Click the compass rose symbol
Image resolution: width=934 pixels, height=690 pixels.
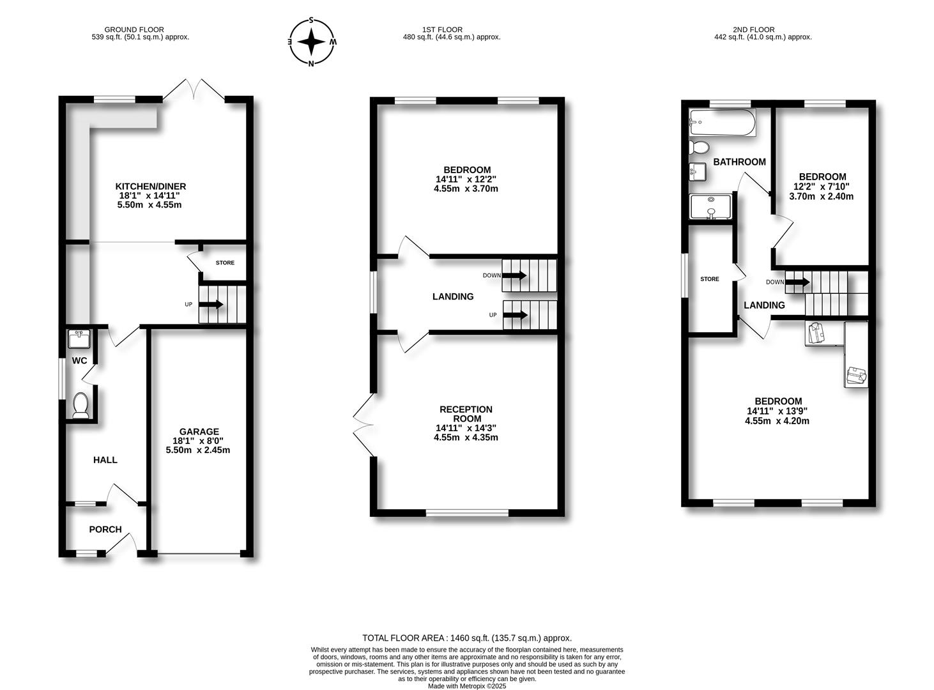pos(311,42)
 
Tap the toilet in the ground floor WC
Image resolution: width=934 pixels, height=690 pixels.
pos(80,405)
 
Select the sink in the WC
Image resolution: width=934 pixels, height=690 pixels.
pos(79,339)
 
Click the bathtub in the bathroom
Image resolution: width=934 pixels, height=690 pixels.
pos(722,122)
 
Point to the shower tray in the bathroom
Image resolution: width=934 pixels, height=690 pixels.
pos(711,206)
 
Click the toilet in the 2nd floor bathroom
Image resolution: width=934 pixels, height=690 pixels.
pos(699,147)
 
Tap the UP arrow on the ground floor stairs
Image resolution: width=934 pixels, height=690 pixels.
pos(211,304)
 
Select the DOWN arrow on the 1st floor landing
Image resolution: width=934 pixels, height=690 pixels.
pos(514,275)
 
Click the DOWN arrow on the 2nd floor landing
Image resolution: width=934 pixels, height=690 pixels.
pos(797,282)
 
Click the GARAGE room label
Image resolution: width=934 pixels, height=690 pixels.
pos(199,431)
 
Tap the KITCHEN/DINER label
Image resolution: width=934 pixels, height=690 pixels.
pos(151,186)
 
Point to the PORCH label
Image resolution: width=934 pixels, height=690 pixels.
pos(105,530)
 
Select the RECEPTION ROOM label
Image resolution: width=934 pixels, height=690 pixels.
pos(466,413)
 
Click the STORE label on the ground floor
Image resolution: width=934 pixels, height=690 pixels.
pos(226,263)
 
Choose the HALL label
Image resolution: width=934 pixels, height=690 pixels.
pos(105,460)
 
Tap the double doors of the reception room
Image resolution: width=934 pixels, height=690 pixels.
pos(364,425)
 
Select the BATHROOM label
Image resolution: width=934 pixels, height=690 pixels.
pos(739,162)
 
